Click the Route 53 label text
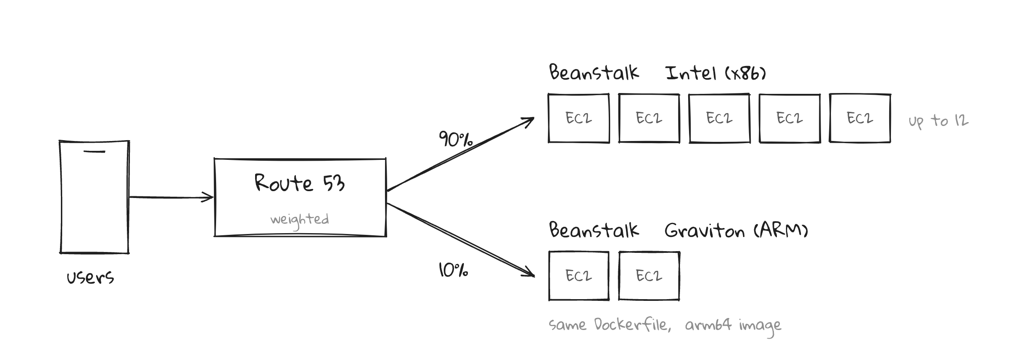click(x=300, y=183)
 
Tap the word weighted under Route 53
click(x=300, y=220)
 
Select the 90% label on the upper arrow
click(x=455, y=139)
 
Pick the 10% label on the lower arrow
click(x=453, y=270)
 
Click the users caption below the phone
click(x=90, y=278)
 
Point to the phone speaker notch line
click(x=94, y=151)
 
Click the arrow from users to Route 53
click(x=171, y=197)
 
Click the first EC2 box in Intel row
click(x=579, y=118)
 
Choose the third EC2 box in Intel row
click(x=719, y=118)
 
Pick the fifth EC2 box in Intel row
click(x=860, y=118)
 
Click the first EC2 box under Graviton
click(x=579, y=276)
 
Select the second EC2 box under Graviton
click(x=649, y=276)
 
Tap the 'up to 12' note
click(x=939, y=121)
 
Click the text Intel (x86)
click(x=716, y=73)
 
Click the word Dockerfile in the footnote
click(x=631, y=324)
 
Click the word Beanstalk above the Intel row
click(x=594, y=72)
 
